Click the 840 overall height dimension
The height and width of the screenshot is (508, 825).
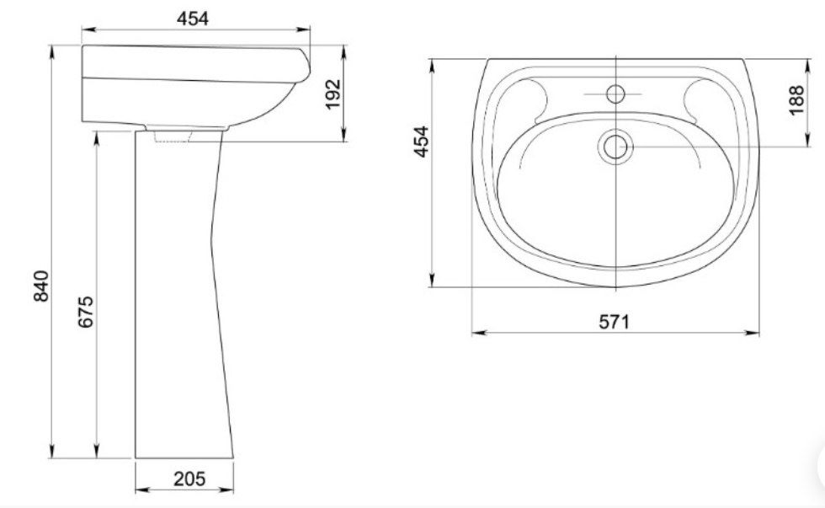coord(41,286)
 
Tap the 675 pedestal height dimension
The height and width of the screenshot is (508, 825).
coord(86,312)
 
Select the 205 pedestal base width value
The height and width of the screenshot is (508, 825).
coord(189,479)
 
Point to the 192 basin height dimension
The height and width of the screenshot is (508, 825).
coord(333,94)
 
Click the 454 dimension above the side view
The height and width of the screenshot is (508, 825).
coord(193,19)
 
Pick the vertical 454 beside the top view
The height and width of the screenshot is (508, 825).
coord(422,141)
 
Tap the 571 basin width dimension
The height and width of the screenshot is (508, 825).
coord(614,321)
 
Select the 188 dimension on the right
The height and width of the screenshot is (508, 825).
coord(796,99)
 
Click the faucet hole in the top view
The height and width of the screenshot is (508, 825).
coord(615,94)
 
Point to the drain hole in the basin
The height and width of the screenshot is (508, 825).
coord(615,147)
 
